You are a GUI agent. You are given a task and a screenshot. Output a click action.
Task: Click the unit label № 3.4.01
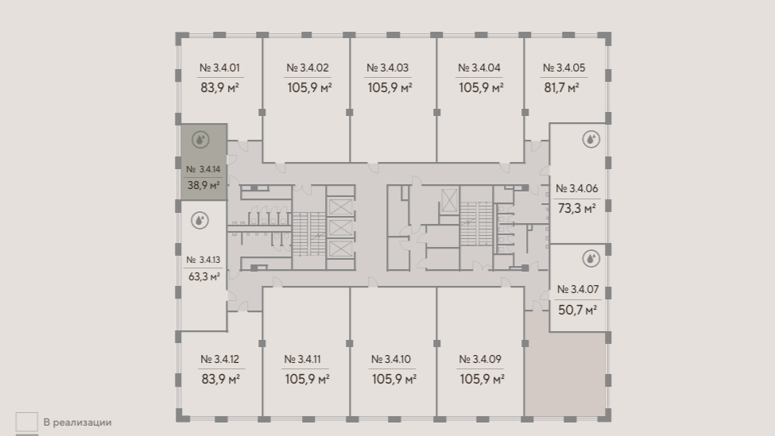coord(219,68)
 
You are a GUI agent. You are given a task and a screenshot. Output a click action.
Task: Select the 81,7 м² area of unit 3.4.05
coord(561,88)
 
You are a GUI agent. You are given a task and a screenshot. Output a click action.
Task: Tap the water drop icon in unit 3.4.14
coord(200,140)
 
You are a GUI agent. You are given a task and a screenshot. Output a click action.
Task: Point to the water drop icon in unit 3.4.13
coord(200,220)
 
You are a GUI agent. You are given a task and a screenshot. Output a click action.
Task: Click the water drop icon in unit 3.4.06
coord(591,139)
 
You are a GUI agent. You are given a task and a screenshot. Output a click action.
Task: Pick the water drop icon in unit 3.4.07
coord(591,258)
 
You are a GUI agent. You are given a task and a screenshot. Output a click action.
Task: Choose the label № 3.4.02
coord(308,68)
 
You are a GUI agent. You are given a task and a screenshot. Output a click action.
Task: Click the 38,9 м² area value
coord(203,186)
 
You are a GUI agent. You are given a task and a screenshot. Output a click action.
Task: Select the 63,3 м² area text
coord(204,276)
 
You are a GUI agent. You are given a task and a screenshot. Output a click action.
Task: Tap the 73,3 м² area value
coord(577,208)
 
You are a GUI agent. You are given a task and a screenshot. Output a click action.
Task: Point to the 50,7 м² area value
coord(577,310)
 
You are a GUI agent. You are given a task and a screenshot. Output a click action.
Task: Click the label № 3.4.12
coord(220,359)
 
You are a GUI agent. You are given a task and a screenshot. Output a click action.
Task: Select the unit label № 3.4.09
coord(480,359)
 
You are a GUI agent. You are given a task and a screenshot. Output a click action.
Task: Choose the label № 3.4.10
coord(391,359)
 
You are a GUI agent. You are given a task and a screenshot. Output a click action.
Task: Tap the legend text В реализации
coord(78,422)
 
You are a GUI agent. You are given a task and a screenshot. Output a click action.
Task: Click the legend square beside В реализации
coord(27,422)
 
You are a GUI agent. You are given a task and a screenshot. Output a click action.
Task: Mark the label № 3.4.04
coord(479,68)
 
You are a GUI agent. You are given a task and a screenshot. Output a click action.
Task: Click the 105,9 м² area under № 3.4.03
coord(390,88)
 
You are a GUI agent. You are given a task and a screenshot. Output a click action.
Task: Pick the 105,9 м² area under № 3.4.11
coord(307,379)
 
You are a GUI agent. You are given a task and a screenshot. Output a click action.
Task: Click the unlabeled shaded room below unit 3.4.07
coord(565,374)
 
